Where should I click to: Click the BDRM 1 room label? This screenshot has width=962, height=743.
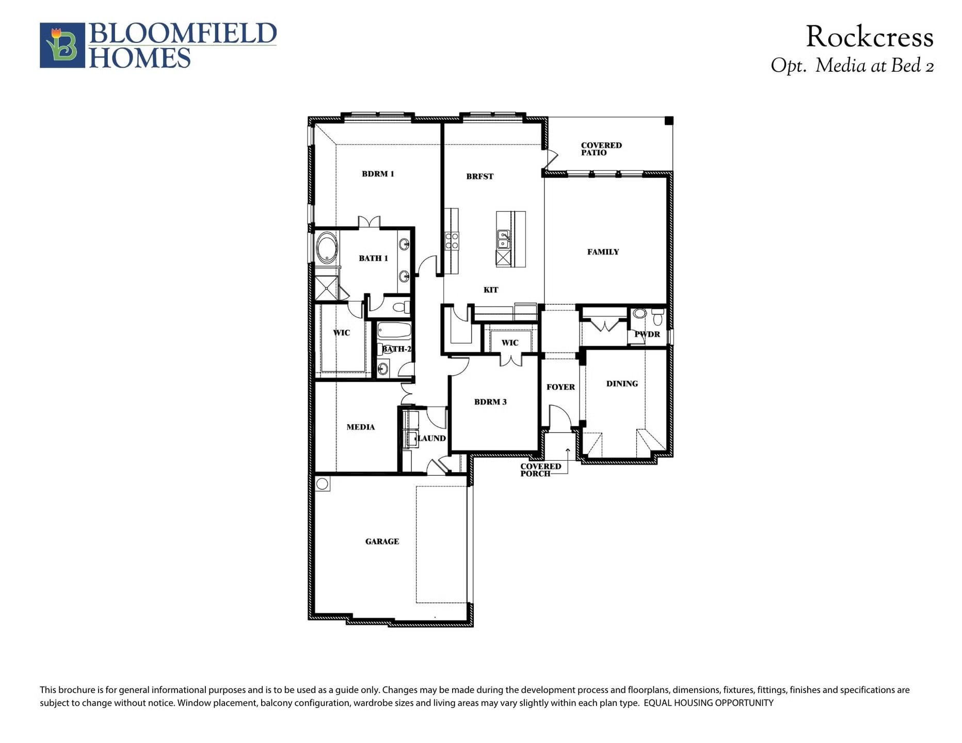378,174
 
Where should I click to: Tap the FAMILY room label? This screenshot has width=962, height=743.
603,252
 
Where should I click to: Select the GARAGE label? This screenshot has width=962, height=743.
382,541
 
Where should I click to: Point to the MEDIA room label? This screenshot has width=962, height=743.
361,427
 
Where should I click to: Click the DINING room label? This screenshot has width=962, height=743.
622,383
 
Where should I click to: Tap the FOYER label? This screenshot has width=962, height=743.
560,387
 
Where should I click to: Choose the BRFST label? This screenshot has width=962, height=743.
480,176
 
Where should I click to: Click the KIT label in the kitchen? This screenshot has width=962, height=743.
491,290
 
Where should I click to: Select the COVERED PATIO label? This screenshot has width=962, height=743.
601,149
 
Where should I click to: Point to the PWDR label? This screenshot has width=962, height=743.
647,334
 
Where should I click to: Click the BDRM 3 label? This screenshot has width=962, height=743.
490,402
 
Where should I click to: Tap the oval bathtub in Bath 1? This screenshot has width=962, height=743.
326,248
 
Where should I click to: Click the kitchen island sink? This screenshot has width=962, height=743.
503,239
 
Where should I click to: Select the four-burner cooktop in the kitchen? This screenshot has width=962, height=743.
452,241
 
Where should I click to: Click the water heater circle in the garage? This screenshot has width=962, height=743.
322,484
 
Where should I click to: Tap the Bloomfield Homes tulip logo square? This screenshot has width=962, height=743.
62,45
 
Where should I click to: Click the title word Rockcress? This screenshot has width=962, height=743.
870,37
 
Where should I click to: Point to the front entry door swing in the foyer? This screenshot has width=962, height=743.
560,417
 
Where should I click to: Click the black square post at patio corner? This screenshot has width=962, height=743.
669,121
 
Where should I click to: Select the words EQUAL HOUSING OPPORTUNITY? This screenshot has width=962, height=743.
709,703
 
